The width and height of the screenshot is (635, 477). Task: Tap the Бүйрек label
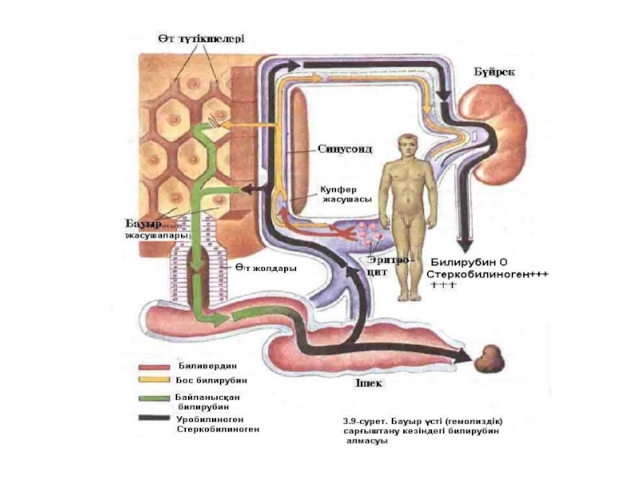tap(495, 71)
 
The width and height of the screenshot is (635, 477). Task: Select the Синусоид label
tap(345, 149)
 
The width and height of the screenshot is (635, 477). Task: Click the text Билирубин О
tap(468, 261)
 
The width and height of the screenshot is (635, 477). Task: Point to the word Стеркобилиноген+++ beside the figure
tap(488, 273)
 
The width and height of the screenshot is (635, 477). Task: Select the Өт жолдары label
tap(264, 268)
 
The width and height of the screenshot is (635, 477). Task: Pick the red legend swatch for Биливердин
tap(153, 367)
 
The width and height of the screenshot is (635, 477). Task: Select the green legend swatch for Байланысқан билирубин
tap(153, 396)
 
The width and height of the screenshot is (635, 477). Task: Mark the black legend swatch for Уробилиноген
tap(153, 417)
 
